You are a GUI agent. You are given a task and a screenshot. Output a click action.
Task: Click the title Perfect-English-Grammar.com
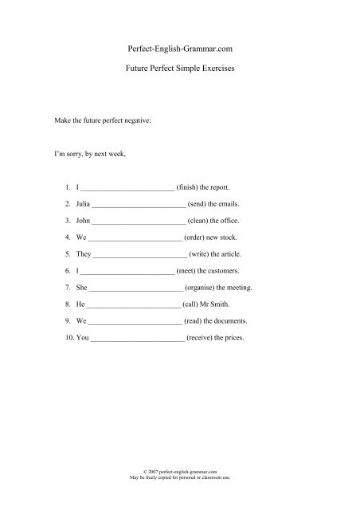click(179, 49)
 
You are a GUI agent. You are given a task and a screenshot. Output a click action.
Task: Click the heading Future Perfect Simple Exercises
click(179, 70)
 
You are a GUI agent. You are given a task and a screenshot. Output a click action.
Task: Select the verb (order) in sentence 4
click(200, 237)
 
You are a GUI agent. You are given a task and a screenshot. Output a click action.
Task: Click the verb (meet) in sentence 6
click(191, 271)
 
